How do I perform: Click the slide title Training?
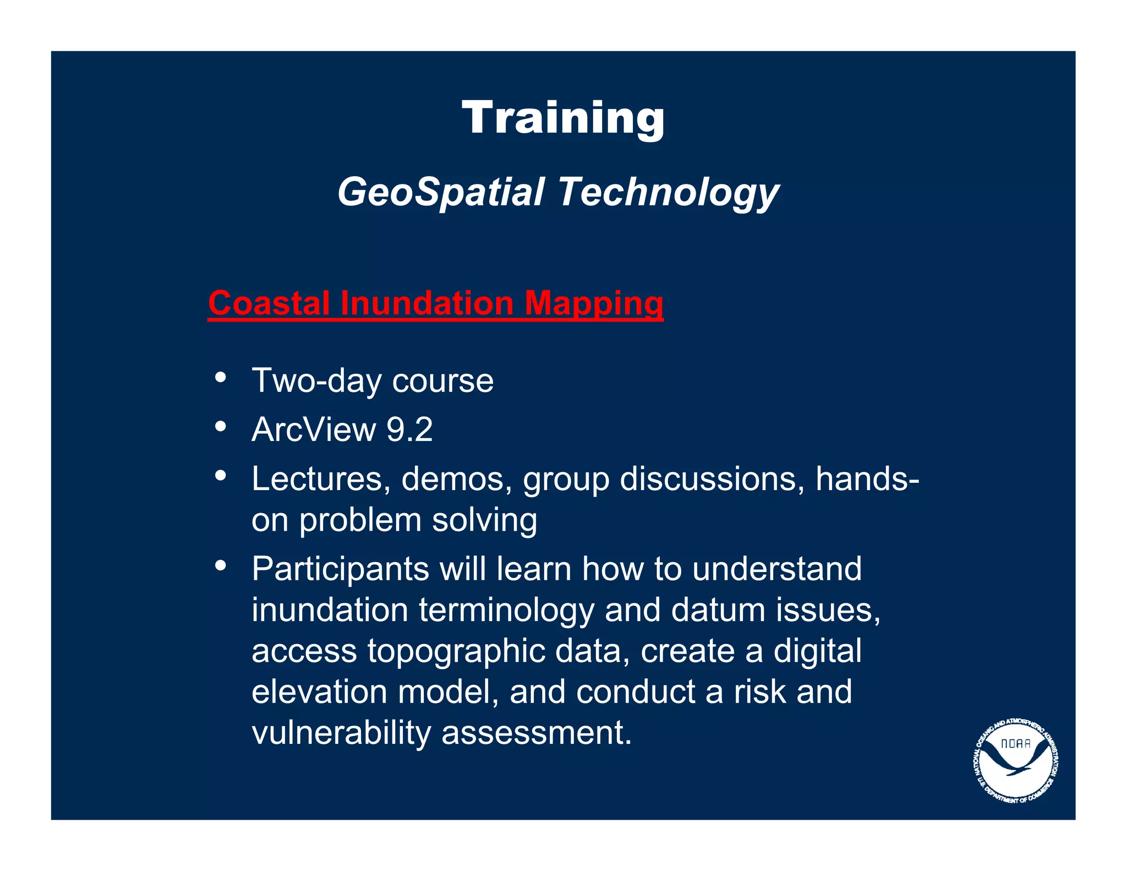pos(563,118)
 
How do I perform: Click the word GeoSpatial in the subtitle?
pos(440,192)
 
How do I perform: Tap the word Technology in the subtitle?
pos(668,192)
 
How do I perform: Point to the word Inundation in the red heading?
pos(426,303)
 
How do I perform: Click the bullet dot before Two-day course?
pos(221,378)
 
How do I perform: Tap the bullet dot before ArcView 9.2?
pos(221,426)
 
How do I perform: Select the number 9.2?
pos(409,429)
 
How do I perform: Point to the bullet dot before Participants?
pos(221,565)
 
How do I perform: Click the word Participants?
pos(340,569)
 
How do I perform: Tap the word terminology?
pos(506,611)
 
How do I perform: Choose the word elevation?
pos(319,692)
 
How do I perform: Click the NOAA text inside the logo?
pos(1015,743)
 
